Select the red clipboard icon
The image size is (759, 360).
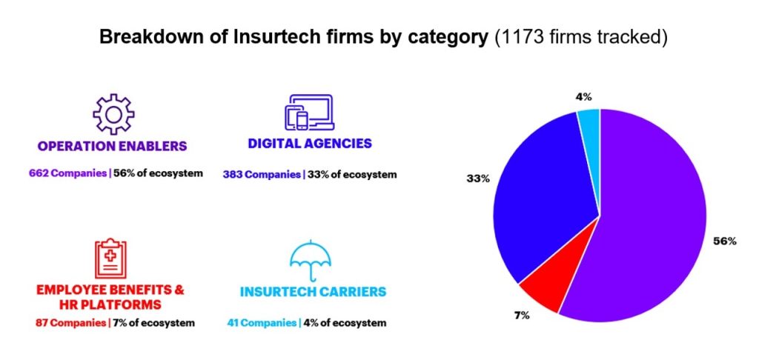(111, 259)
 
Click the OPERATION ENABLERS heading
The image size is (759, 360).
(112, 146)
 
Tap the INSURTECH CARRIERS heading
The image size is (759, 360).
(313, 292)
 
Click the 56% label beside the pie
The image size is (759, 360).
(725, 241)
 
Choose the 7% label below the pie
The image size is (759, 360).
(521, 316)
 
